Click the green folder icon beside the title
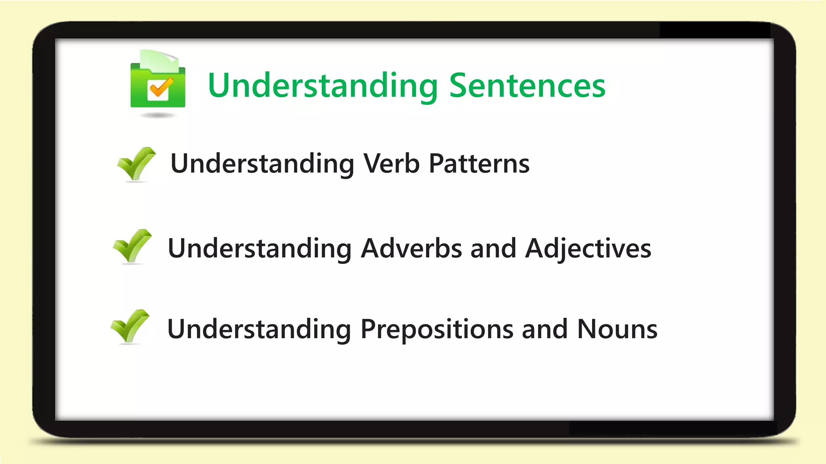point(158,87)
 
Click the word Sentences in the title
point(527,86)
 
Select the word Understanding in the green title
point(323,86)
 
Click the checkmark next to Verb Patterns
point(136,164)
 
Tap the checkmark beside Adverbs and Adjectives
point(132,246)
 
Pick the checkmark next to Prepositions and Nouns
point(130,326)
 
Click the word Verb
point(391,164)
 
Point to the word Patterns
point(479,164)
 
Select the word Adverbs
point(411,248)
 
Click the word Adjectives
point(588,249)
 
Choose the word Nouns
point(617,329)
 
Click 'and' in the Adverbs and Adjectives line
point(493,248)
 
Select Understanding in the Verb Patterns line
point(262,164)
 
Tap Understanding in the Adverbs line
point(259,249)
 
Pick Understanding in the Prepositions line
point(259,329)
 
